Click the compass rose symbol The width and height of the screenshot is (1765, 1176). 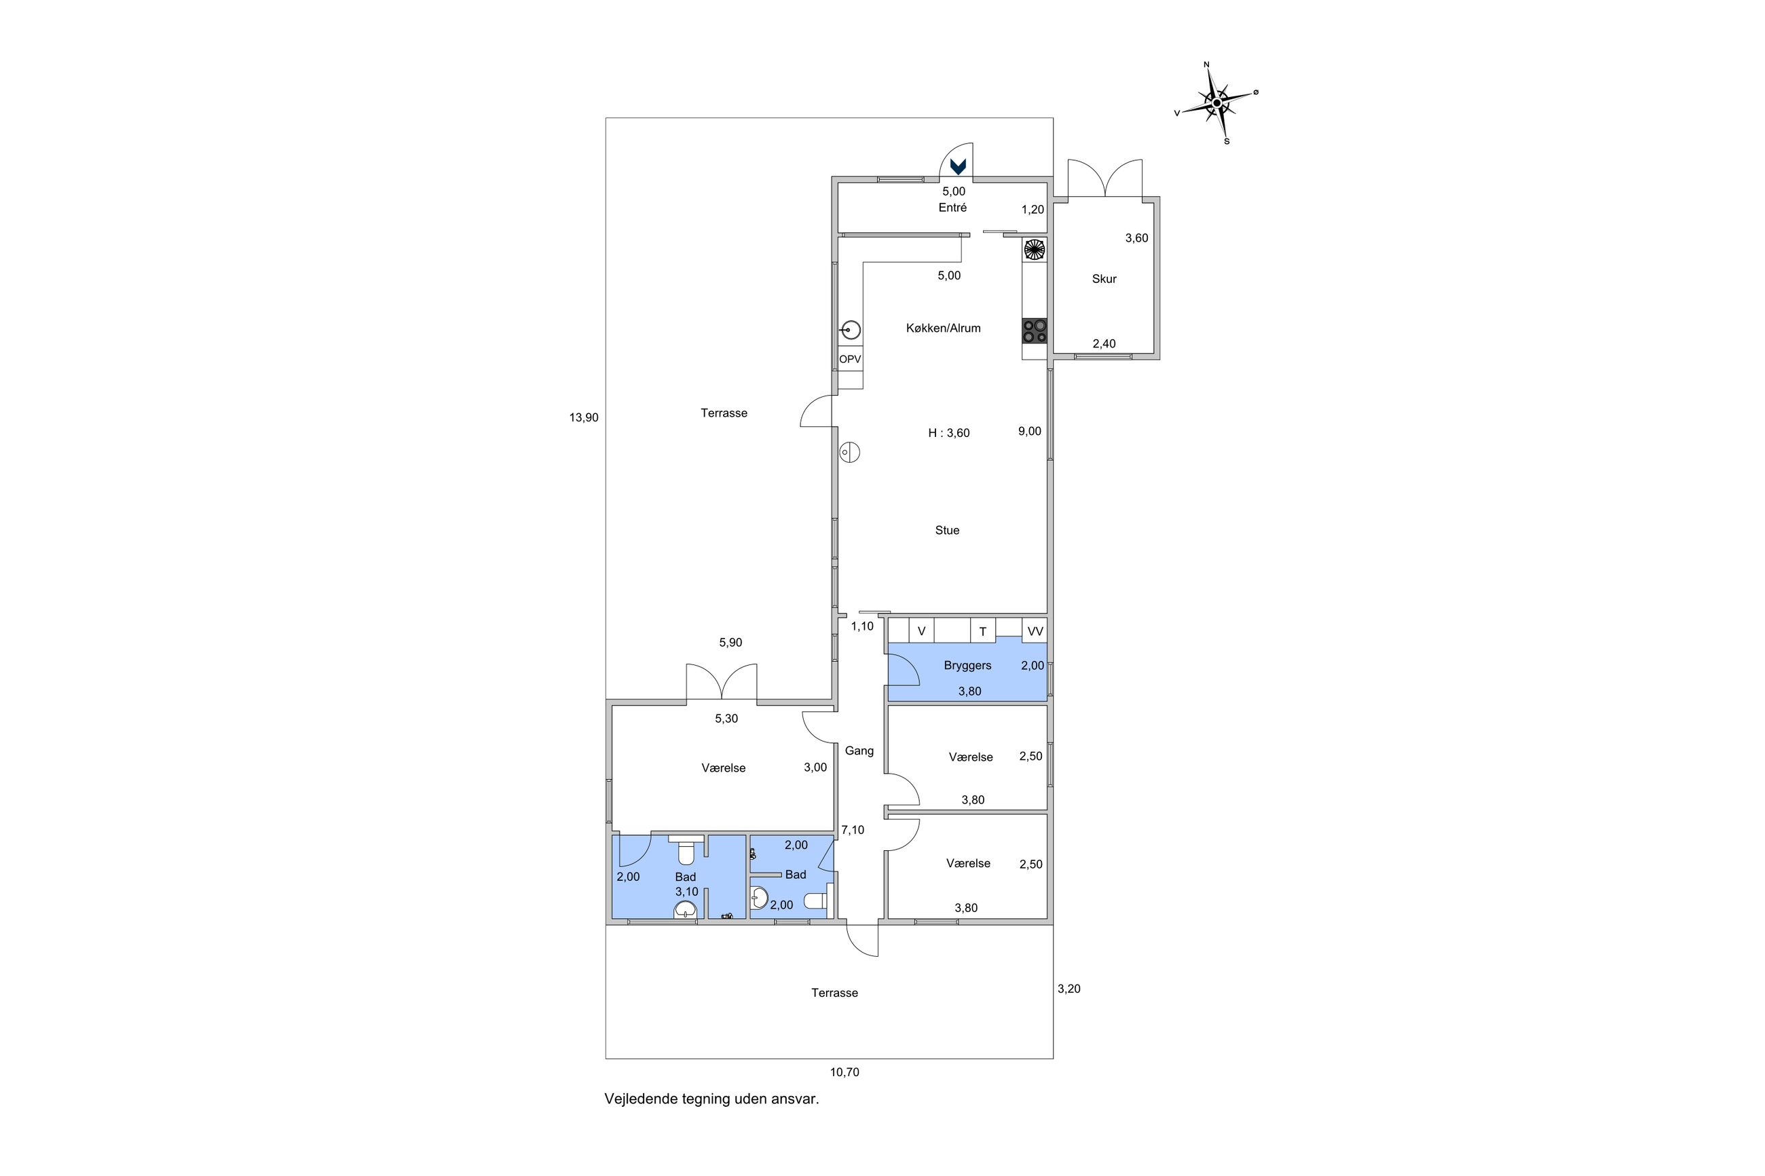click(1216, 102)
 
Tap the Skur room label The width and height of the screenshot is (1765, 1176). click(1104, 279)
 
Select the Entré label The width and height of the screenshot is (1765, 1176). click(952, 208)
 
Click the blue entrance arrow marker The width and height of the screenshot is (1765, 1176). click(958, 166)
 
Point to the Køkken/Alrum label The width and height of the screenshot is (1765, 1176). click(943, 328)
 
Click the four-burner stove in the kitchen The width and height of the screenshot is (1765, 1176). click(1035, 330)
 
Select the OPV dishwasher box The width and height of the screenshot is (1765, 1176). click(850, 359)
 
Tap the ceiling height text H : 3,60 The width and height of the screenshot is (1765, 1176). click(949, 433)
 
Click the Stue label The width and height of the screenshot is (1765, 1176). click(948, 530)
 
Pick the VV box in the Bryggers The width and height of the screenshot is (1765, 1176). click(1035, 630)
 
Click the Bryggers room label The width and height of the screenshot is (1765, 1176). click(967, 665)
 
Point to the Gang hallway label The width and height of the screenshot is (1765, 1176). click(859, 751)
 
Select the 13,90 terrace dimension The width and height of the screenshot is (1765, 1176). click(584, 418)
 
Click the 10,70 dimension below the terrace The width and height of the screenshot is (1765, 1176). click(844, 1072)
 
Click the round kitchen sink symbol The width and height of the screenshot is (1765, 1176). click(851, 329)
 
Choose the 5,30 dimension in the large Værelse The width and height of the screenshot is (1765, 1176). click(726, 719)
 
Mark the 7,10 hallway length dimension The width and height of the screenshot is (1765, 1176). click(853, 830)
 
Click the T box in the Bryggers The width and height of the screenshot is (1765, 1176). click(983, 630)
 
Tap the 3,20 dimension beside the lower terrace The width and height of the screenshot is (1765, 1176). click(1069, 989)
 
